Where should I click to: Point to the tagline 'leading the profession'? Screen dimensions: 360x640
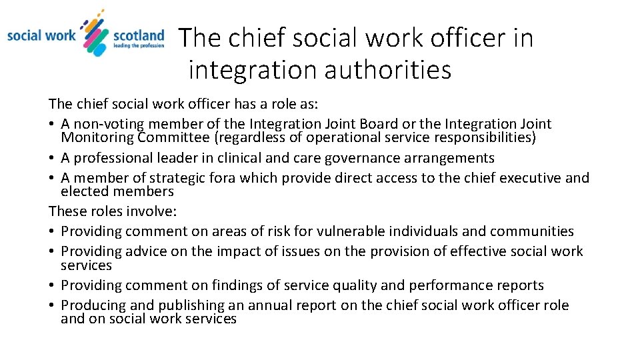coord(139,46)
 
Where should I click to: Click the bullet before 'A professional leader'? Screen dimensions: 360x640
coord(52,159)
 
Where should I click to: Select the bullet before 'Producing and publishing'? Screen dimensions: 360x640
coord(52,306)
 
